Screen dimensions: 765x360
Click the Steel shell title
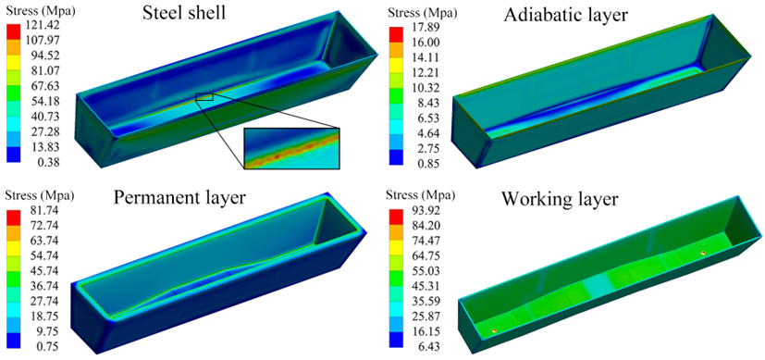pos(184,13)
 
